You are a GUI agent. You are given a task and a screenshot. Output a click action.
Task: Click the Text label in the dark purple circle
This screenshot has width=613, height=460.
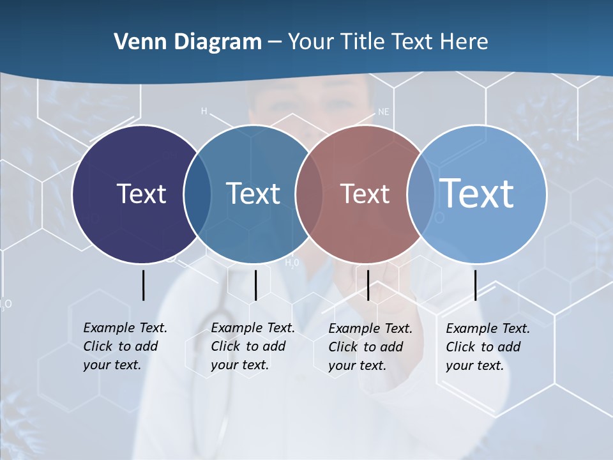[x=141, y=194]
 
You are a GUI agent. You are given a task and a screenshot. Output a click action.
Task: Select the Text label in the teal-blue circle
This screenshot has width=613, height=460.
[x=253, y=194]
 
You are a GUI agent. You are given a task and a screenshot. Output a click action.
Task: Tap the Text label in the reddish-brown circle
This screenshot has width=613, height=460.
[x=365, y=194]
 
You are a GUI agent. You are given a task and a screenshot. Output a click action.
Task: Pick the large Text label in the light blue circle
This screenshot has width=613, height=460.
[x=477, y=193]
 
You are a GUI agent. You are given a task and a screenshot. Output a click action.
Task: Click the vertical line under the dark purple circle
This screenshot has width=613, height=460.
[x=143, y=285]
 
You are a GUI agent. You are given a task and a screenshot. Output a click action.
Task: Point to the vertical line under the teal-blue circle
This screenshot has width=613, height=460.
[x=255, y=285]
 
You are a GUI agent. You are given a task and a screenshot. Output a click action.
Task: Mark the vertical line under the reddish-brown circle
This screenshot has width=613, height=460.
[x=368, y=285]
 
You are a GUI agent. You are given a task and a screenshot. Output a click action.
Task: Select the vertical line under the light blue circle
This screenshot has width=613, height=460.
[x=475, y=285]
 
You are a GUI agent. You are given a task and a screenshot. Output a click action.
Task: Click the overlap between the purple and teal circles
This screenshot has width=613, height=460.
[x=197, y=194]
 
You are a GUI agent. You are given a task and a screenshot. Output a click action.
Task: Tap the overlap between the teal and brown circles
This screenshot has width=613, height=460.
[x=309, y=194]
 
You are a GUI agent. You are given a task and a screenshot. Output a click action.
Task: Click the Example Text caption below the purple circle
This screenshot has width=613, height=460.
[x=125, y=346]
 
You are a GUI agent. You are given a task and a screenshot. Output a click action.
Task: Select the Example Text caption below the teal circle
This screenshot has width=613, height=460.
[x=253, y=346]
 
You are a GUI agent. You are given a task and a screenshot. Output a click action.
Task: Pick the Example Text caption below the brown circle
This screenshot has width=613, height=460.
[x=370, y=347]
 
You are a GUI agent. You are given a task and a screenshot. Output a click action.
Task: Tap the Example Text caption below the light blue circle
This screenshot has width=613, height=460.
[x=488, y=347]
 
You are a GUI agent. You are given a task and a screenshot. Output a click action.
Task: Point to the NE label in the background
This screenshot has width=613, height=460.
[x=383, y=111]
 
